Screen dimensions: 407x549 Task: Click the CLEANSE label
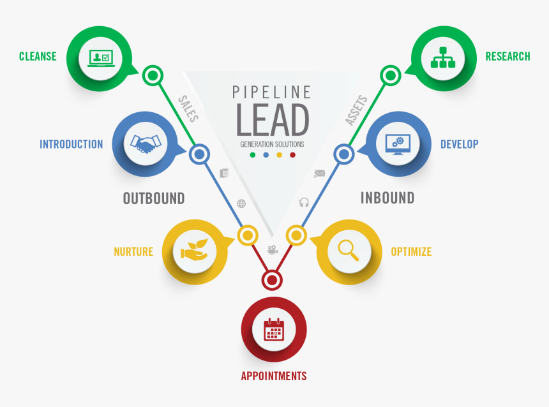(38, 56)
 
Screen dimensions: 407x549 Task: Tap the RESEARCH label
(508, 56)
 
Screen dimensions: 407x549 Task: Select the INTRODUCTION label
(71, 144)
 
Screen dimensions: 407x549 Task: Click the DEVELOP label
(459, 144)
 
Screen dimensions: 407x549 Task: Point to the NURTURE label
(133, 251)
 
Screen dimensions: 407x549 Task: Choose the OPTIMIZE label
(411, 251)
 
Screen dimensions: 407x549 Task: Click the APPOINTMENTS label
(273, 376)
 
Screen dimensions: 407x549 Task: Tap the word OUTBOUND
(154, 198)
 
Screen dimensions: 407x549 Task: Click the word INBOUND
(387, 198)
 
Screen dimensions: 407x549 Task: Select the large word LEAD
(273, 120)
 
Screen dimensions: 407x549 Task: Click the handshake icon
(145, 144)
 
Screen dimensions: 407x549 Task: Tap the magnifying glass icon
(349, 249)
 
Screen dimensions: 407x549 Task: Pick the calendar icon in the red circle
(273, 329)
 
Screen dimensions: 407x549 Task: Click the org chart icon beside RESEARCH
(444, 56)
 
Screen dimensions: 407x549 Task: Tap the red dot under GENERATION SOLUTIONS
(293, 155)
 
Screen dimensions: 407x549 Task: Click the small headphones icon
(304, 202)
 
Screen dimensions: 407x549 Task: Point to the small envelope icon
(320, 174)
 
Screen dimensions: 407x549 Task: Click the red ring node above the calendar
(273, 279)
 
